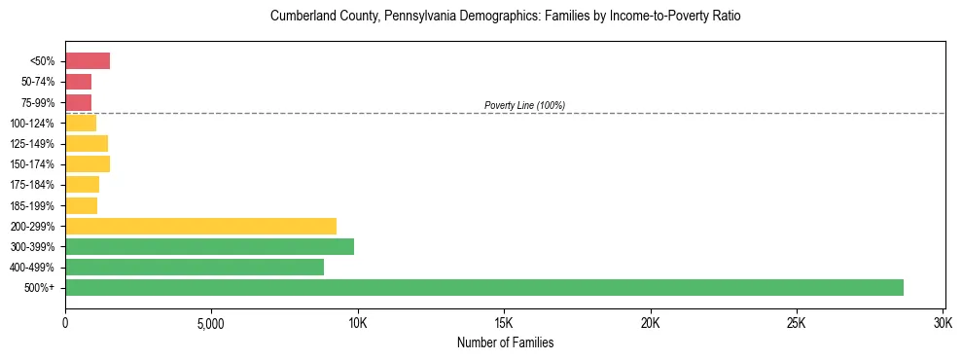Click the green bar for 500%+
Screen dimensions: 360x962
pyautogui.click(x=483, y=287)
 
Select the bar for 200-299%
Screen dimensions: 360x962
pyautogui.click(x=200, y=226)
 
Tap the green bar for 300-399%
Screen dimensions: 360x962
pyautogui.click(x=209, y=246)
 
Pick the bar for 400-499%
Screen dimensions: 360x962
pyautogui.click(x=195, y=267)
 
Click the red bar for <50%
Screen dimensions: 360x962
pyautogui.click(x=88, y=61)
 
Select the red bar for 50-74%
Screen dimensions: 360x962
pyautogui.click(x=78, y=82)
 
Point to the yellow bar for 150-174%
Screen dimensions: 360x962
pyautogui.click(x=88, y=163)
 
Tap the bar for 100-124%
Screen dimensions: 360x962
pyautogui.click(x=81, y=123)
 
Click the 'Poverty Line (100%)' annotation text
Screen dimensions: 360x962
pyautogui.click(x=524, y=105)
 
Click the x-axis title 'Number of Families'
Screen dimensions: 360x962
pyautogui.click(x=505, y=342)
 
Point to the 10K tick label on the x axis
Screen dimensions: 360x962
pyautogui.click(x=357, y=323)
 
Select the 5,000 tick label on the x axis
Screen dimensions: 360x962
pyautogui.click(x=211, y=323)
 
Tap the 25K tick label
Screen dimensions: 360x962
pyautogui.click(x=796, y=323)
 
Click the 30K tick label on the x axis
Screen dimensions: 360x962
pyautogui.click(x=942, y=323)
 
